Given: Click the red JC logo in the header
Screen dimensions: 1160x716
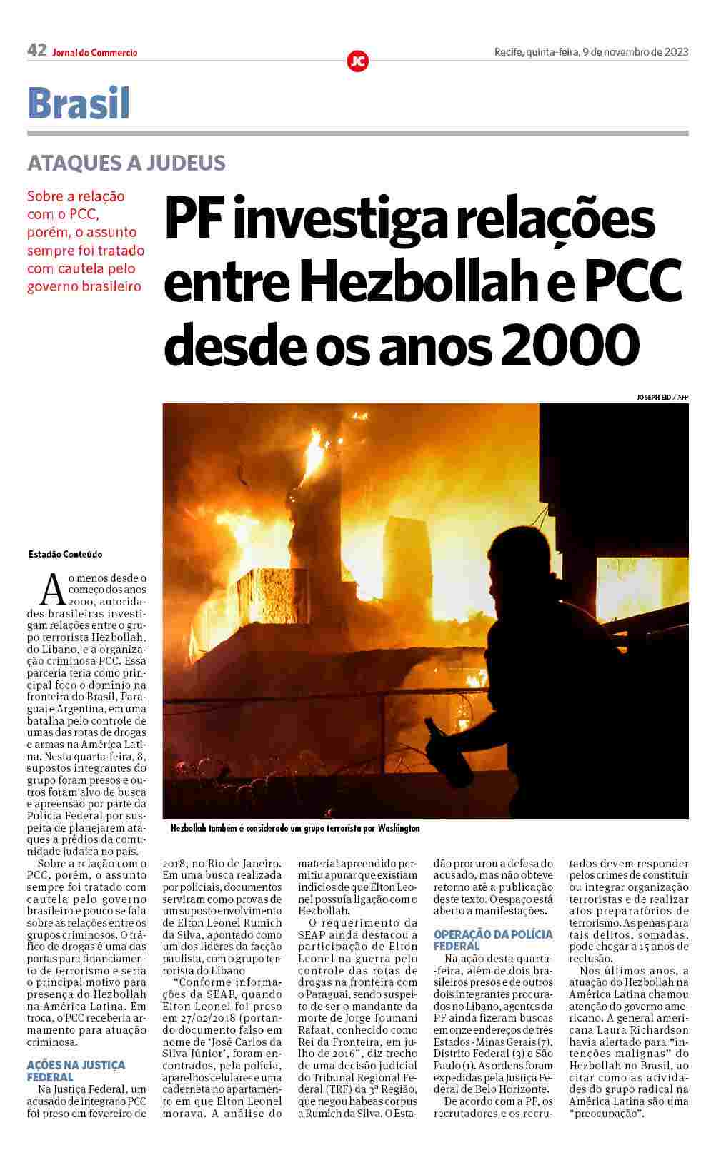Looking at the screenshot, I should point(357,61).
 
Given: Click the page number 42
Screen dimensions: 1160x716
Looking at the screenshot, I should point(36,51).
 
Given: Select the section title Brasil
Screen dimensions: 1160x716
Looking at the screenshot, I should point(79,104).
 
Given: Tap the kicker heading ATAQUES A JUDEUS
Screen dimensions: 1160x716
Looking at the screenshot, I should point(126,163).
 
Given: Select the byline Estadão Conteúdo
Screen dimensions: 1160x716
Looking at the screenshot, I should point(66,554).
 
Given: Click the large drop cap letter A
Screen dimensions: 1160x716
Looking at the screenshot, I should point(52,589).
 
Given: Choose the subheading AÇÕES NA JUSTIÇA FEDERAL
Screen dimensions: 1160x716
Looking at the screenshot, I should point(75,1071).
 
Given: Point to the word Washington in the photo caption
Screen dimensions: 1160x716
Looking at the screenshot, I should point(399,829).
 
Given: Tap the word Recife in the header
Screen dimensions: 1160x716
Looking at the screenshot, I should point(508,51).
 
